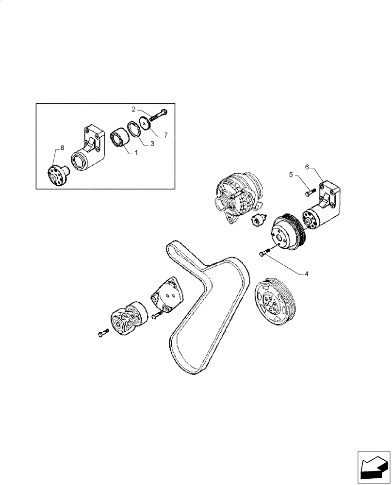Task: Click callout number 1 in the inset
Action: point(136,152)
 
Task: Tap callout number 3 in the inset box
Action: point(152,144)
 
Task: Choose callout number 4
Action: point(306,274)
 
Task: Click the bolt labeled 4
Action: point(264,252)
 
